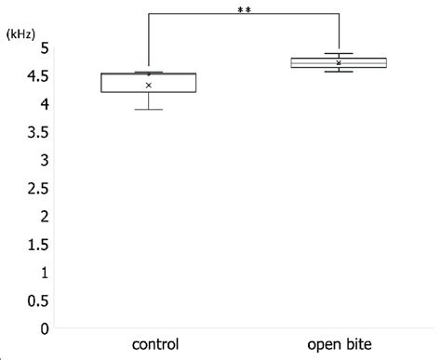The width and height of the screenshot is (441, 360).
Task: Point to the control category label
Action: coord(149,343)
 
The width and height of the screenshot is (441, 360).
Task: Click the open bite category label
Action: coord(338,343)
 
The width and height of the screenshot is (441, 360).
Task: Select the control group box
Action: coord(149,82)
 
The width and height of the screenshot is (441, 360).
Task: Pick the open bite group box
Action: coord(339,62)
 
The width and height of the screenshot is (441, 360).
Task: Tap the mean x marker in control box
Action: coord(149,86)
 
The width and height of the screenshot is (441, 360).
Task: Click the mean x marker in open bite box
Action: coord(339,63)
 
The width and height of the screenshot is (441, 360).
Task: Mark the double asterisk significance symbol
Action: coord(244,9)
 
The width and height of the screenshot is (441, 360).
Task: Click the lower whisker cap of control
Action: coord(149,110)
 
